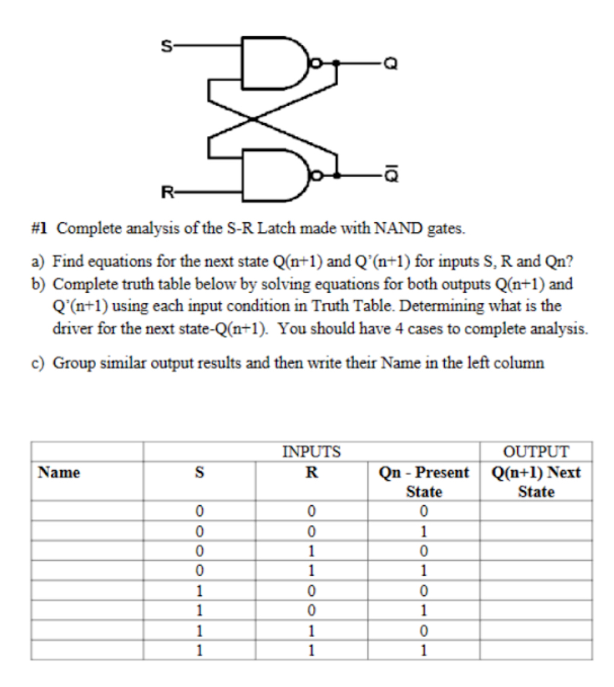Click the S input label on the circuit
coord(166,46)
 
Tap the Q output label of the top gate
coord(390,63)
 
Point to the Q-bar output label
coord(391,174)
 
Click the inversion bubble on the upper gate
coord(317,63)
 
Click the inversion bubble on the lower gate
coord(317,175)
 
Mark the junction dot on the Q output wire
coord(336,63)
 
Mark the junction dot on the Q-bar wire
coord(336,175)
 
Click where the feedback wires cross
coord(253,118)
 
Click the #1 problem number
coord(39,228)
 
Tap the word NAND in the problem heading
coord(398,228)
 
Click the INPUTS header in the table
coord(311,452)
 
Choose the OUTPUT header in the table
coord(536,452)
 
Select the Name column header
coord(59,472)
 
